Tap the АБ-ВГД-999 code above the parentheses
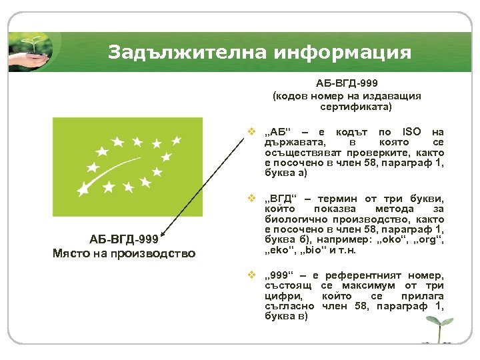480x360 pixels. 346,85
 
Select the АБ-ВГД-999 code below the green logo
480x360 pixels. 124,240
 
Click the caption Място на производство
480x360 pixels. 124,253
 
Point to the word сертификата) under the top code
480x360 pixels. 347,106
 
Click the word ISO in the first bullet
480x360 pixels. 407,132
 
